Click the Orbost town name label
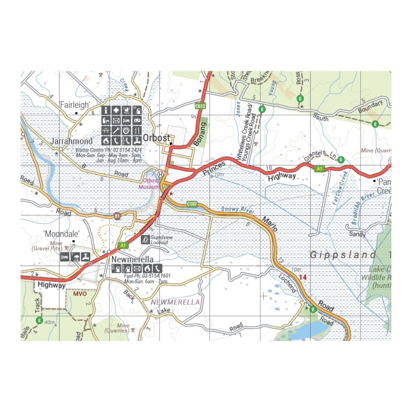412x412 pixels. tap(156, 138)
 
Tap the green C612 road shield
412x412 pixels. tap(200, 106)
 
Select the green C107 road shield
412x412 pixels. tap(192, 204)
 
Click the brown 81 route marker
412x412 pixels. tap(117, 216)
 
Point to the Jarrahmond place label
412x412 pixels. tap(71, 141)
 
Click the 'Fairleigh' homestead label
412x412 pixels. tap(75, 105)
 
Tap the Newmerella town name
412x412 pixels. tap(132, 259)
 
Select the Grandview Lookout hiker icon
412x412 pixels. tap(145, 240)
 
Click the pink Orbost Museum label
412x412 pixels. tap(149, 184)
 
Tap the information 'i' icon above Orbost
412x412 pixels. tap(106, 110)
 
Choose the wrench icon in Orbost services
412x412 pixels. tap(116, 131)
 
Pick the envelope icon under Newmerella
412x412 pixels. tap(137, 269)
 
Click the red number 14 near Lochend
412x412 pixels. tap(303, 277)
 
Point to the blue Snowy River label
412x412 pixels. tap(237, 210)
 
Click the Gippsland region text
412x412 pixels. tap(343, 255)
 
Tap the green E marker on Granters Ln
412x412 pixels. tap(341, 160)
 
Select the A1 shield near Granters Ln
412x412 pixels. tap(319, 169)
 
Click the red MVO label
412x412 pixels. tap(80, 294)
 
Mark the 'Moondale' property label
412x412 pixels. tap(62, 234)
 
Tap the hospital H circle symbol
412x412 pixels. tap(160, 175)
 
